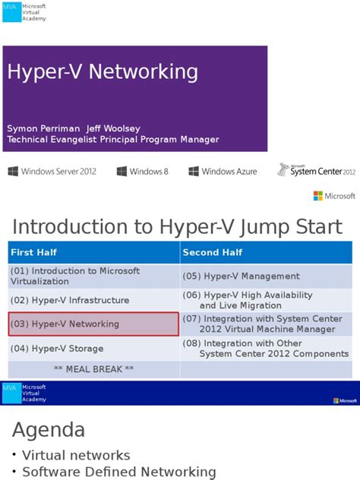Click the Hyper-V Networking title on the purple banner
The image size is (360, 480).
point(103,72)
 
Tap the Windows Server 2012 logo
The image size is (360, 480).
point(52,172)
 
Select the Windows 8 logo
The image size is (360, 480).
point(142,172)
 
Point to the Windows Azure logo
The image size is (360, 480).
point(223,172)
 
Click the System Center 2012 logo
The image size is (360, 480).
point(317,170)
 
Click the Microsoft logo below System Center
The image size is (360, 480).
point(334,196)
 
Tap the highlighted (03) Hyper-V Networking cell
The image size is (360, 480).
point(93,324)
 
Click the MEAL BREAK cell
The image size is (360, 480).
point(93,369)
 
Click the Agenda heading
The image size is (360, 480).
point(49,431)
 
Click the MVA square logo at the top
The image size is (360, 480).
point(11,12)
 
